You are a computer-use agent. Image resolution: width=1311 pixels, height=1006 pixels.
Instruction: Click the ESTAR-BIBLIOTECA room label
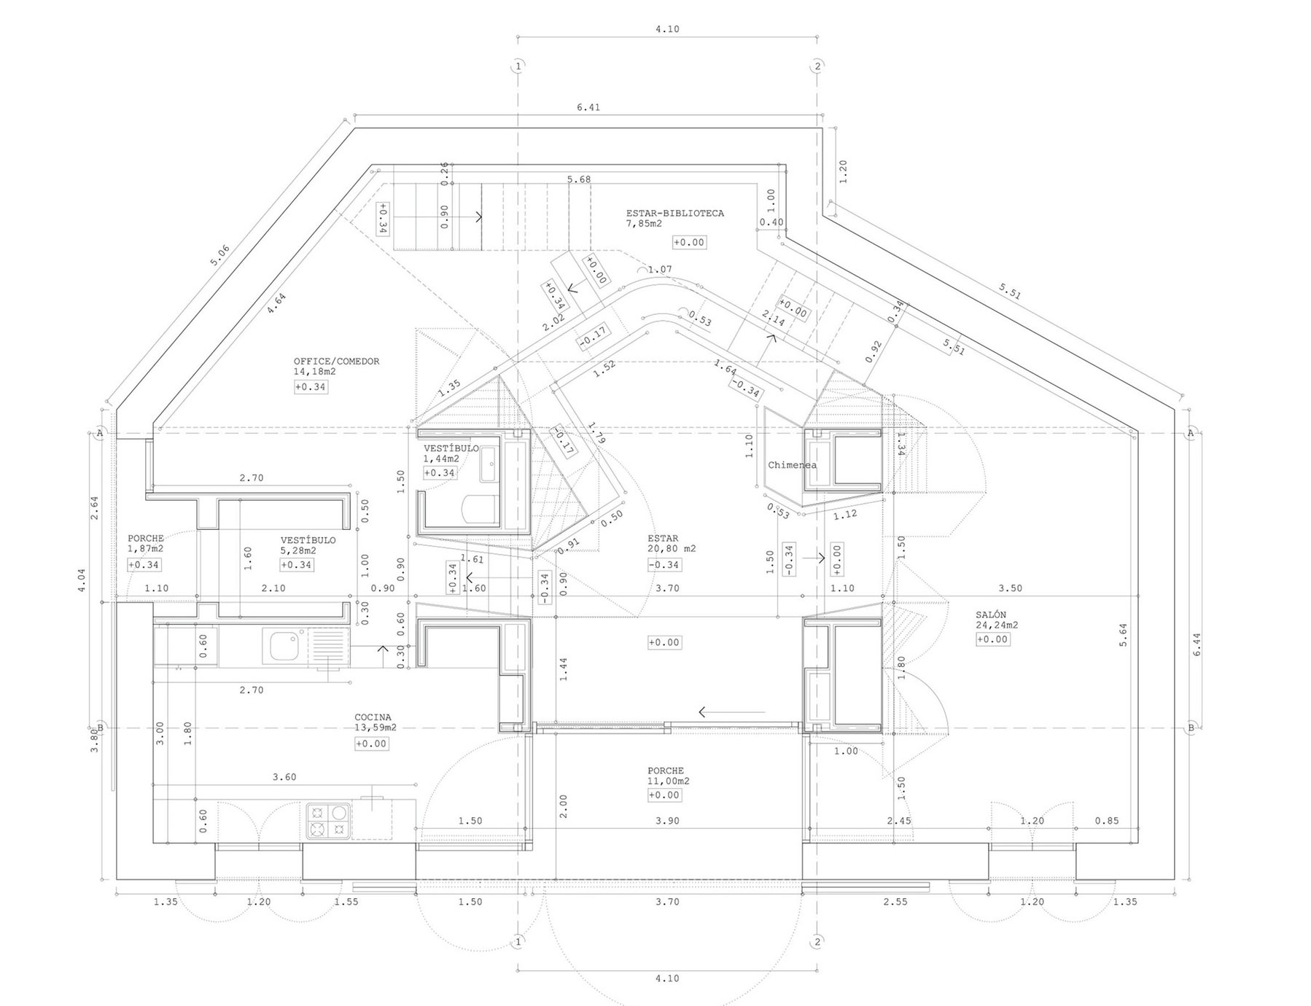tap(674, 214)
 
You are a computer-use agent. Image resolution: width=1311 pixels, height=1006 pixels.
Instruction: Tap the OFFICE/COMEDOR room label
tap(336, 362)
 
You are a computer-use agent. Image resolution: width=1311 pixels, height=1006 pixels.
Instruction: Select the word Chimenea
tap(792, 465)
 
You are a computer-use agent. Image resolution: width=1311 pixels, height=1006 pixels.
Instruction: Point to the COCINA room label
tap(373, 717)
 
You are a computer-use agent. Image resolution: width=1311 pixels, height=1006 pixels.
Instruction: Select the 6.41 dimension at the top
tap(588, 108)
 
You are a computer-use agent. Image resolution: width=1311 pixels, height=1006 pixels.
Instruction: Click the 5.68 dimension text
tap(579, 179)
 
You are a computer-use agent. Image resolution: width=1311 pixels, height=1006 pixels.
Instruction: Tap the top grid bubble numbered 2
tap(817, 66)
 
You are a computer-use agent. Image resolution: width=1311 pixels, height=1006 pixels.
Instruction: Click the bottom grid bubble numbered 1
tap(518, 943)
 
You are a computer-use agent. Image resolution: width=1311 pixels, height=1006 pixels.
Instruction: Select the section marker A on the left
tap(100, 434)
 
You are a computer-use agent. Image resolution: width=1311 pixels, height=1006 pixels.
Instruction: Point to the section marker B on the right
tap(1191, 728)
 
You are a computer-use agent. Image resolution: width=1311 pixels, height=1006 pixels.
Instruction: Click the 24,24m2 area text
tap(997, 625)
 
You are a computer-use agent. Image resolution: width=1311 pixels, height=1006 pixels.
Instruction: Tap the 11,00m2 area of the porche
tap(669, 781)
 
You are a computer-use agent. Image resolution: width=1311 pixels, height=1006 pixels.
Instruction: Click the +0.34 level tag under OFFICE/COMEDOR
tap(311, 387)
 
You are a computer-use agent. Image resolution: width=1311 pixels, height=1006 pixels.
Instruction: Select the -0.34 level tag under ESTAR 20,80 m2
tap(664, 565)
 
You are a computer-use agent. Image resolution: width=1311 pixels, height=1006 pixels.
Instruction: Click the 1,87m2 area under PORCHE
tap(146, 548)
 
